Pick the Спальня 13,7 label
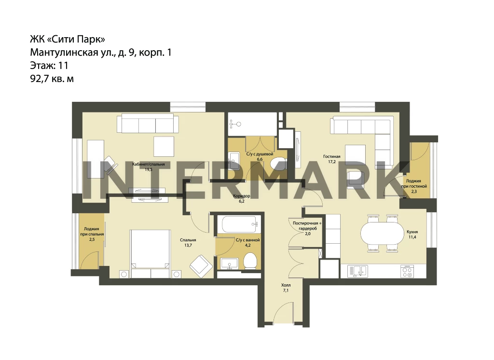coord(188,242)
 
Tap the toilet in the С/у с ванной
coord(251,261)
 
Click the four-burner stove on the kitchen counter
coord(407,271)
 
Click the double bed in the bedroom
coord(151,249)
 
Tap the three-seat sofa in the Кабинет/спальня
coord(147,124)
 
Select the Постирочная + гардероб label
coord(307,228)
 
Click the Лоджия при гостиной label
coord(413,186)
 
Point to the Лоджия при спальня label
coord(92,234)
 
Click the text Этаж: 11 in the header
coord(49,66)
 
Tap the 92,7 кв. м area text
coord(52,79)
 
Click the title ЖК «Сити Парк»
coord(68,40)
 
